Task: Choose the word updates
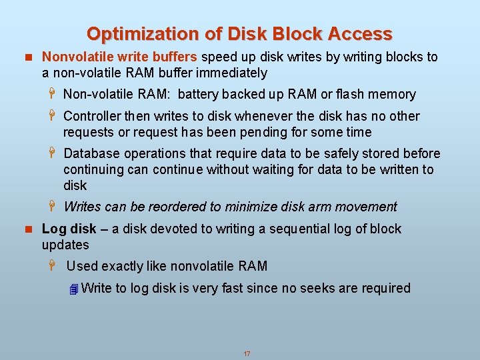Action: point(65,245)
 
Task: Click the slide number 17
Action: point(247,353)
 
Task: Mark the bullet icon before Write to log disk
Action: point(73,289)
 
